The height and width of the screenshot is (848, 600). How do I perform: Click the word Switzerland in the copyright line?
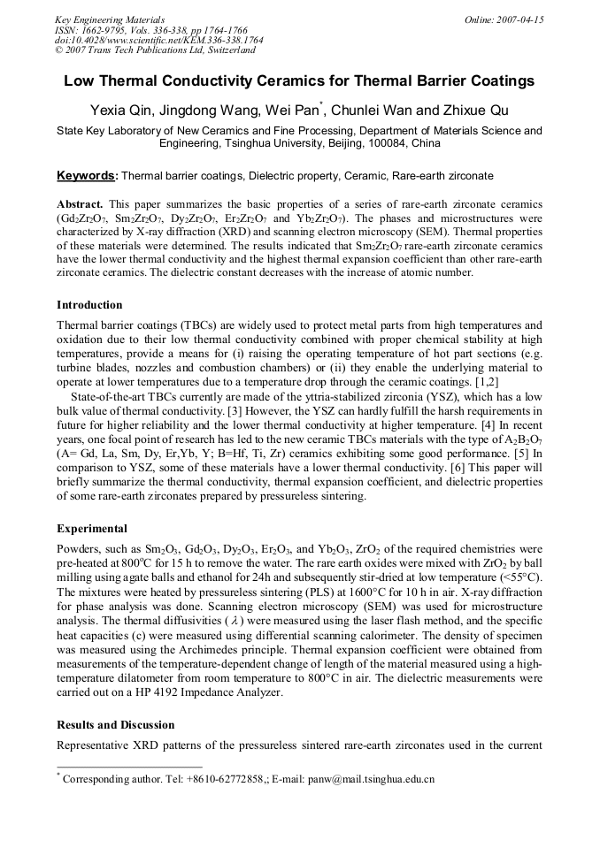(228, 50)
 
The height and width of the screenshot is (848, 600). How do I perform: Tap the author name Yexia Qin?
(123, 110)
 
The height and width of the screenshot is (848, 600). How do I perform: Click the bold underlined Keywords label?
(86, 175)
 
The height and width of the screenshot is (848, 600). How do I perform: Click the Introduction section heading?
(89, 305)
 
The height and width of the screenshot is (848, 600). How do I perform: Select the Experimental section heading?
(92, 529)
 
